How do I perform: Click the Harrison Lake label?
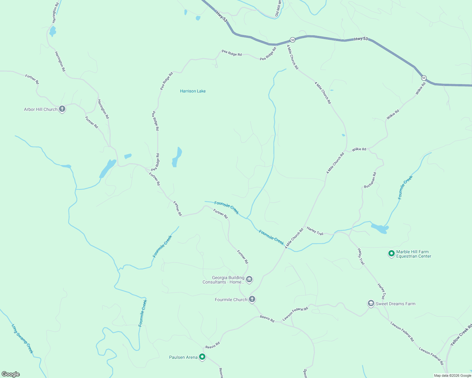[193, 91]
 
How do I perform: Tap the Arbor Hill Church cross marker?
[62, 109]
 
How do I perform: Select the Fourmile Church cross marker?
[252, 299]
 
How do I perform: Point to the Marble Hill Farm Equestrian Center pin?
[391, 253]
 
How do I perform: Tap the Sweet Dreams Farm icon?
[371, 303]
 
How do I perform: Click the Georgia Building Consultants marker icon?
[249, 279]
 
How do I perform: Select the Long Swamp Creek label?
[22, 339]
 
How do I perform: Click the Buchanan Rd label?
[370, 180]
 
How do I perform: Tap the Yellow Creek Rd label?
[461, 335]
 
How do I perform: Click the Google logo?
[11, 374]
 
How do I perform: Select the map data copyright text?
[452, 375]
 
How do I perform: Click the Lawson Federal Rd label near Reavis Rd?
[295, 314]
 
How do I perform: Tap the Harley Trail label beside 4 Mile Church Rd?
[315, 231]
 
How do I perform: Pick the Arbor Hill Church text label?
[41, 109]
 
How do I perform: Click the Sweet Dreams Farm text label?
[395, 304]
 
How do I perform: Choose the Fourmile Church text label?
[231, 300]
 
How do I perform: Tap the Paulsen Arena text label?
[183, 357]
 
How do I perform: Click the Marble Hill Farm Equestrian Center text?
[413, 254]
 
